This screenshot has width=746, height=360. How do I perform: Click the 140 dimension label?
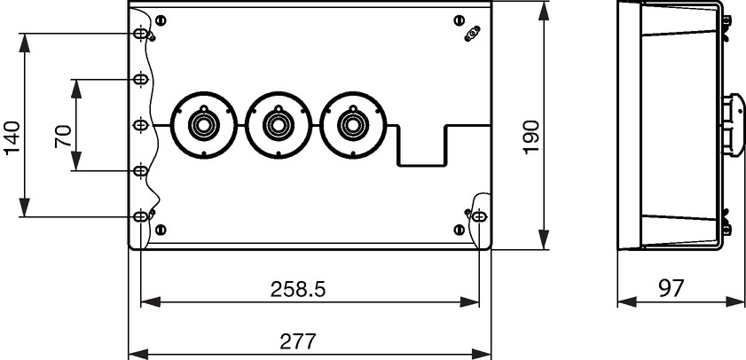pyautogui.click(x=12, y=138)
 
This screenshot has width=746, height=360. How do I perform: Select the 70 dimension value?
pyautogui.click(x=63, y=136)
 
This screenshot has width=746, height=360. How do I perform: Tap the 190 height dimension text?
pyautogui.click(x=531, y=137)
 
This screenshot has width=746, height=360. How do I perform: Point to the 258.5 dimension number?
pyautogui.click(x=298, y=289)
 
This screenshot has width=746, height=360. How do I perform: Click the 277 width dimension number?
pyautogui.click(x=298, y=341)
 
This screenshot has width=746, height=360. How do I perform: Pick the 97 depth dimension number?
pyautogui.click(x=671, y=288)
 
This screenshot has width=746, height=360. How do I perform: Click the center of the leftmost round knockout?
pyautogui.click(x=204, y=126)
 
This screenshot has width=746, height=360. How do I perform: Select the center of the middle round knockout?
pyautogui.click(x=279, y=126)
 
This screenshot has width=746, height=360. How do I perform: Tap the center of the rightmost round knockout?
pyautogui.click(x=353, y=126)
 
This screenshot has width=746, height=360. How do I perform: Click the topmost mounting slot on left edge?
pyautogui.click(x=140, y=34)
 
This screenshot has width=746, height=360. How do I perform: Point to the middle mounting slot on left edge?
pyautogui.click(x=140, y=125)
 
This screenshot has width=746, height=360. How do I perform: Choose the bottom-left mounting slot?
pyautogui.click(x=140, y=217)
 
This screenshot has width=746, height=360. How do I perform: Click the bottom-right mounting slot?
pyautogui.click(x=479, y=217)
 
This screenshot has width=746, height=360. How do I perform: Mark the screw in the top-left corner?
pyautogui.click(x=161, y=20)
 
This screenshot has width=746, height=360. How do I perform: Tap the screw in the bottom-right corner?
pyautogui.click(x=459, y=230)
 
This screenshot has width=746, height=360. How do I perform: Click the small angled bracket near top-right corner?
pyautogui.click(x=473, y=34)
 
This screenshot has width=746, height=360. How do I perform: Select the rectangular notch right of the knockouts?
pyautogui.click(x=421, y=145)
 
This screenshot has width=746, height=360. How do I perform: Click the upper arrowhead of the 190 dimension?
pyautogui.click(x=544, y=11)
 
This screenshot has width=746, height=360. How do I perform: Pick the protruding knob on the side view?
pyautogui.click(x=734, y=126)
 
